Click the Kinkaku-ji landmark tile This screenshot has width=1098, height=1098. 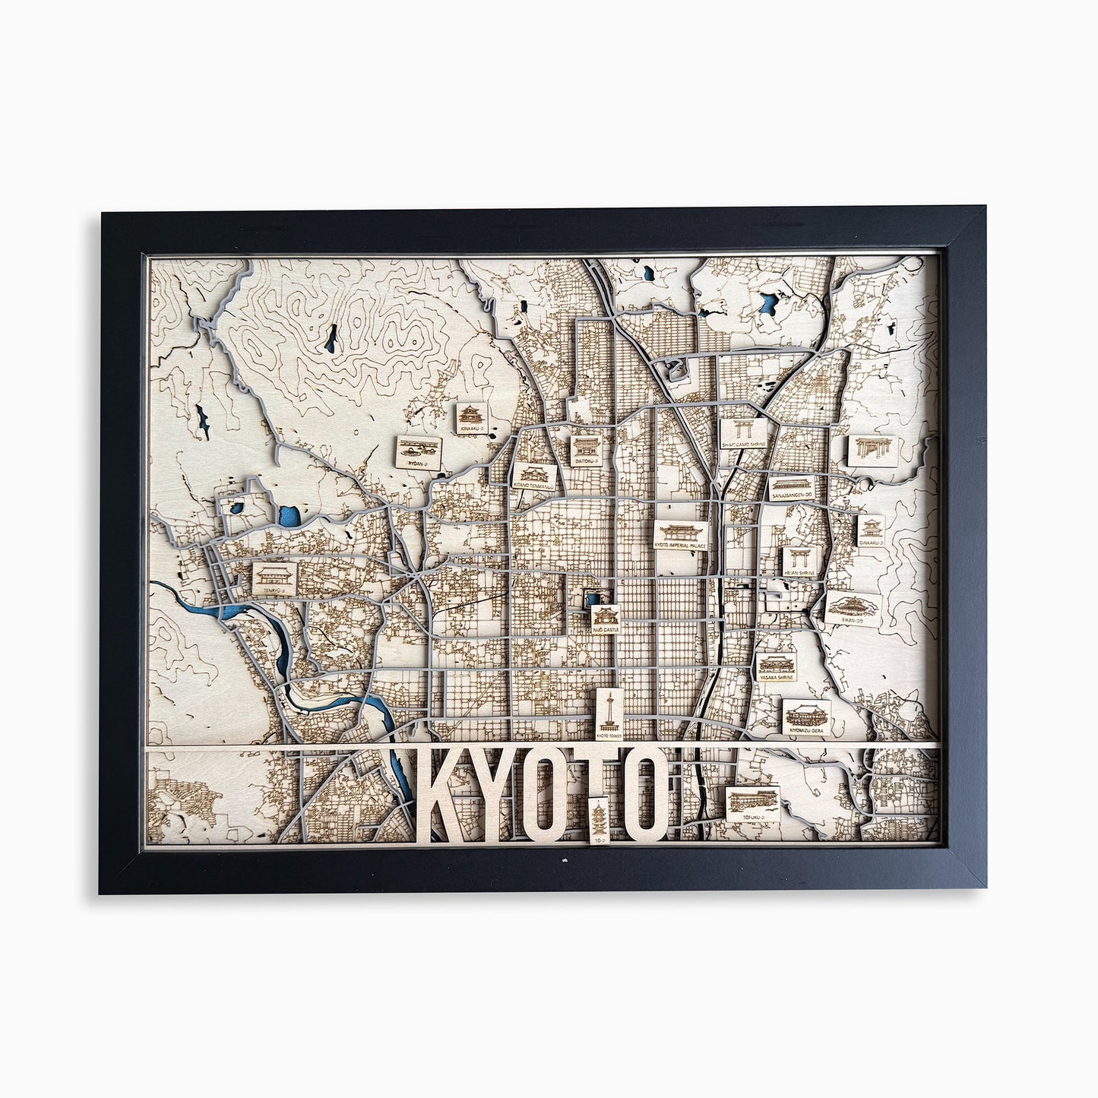pyautogui.click(x=471, y=419)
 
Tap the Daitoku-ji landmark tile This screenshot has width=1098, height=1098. pyautogui.click(x=586, y=451)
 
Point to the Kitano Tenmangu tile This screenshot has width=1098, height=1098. pyautogui.click(x=535, y=475)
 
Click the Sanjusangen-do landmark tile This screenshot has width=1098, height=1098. pyautogui.click(x=793, y=488)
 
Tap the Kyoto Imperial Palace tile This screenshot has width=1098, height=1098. pyautogui.click(x=682, y=535)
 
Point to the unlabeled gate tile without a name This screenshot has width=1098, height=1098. pyautogui.click(x=867, y=451)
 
